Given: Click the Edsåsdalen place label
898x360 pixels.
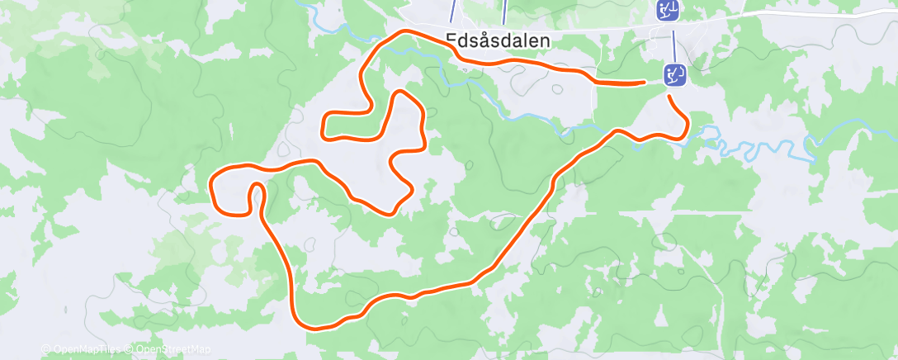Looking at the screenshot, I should (x=498, y=40).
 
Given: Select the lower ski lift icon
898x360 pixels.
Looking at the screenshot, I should (x=675, y=75).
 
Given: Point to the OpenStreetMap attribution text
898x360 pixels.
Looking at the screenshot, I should (x=173, y=349).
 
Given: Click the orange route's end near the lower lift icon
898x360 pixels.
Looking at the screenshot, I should (x=643, y=82).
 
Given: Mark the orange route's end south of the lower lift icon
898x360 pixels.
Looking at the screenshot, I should (x=669, y=97).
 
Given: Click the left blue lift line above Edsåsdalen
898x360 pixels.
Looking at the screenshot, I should (x=452, y=10).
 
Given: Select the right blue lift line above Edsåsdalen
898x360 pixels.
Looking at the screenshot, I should (x=504, y=10).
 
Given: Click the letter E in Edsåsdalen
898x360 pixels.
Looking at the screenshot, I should (x=451, y=40).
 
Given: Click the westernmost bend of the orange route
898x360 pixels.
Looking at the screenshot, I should (x=213, y=186).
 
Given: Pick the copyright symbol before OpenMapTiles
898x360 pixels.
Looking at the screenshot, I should (x=46, y=349).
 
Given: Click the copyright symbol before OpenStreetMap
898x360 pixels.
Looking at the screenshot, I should (x=130, y=349).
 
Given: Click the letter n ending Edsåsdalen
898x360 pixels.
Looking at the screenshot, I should (x=545, y=40).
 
